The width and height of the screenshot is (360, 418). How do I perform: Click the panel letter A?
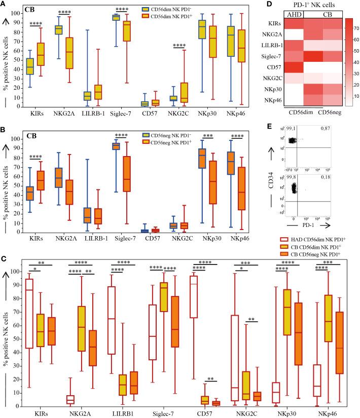pyautogui.click(x=4, y=4)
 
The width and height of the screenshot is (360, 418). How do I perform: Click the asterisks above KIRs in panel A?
pyautogui.click(x=36, y=37)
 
